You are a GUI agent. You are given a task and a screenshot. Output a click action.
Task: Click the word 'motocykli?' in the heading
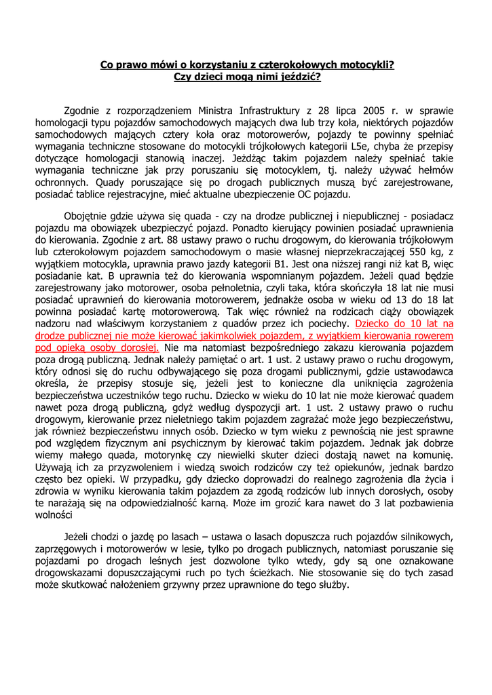pos(364,65)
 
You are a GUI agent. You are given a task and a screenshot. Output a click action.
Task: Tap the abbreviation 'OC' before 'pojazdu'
pos(309,195)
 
